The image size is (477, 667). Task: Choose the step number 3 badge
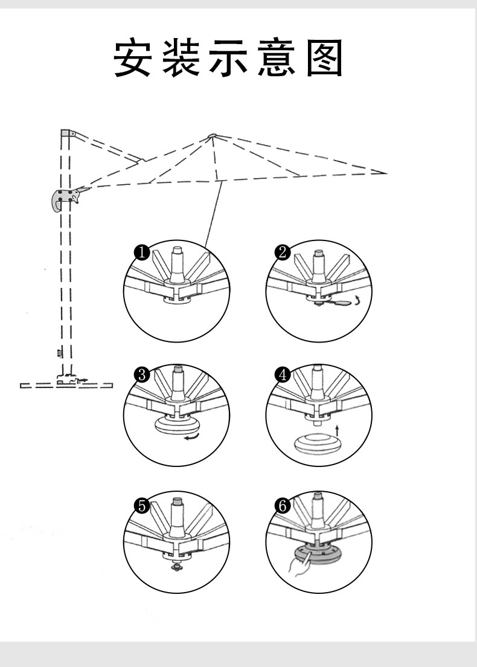pyautogui.click(x=141, y=375)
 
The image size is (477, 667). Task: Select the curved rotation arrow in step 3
pyautogui.click(x=193, y=437)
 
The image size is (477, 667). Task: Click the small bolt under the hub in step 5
pyautogui.click(x=176, y=567)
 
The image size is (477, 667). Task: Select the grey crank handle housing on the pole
pyautogui.click(x=62, y=199)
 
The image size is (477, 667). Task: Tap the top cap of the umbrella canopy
pyautogui.click(x=212, y=135)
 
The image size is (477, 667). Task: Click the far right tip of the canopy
pyautogui.click(x=384, y=173)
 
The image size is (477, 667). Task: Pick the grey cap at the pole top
pyautogui.click(x=66, y=132)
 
